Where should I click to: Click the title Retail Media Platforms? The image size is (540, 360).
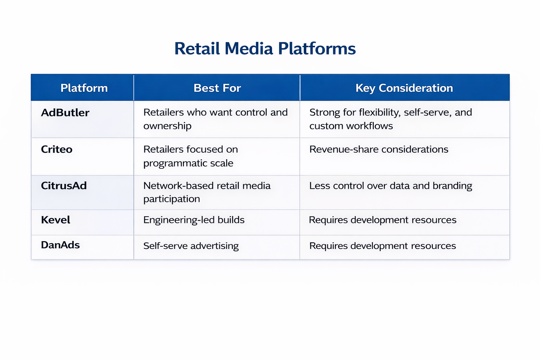pyautogui.click(x=265, y=49)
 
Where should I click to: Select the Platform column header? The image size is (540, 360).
pyautogui.click(x=84, y=88)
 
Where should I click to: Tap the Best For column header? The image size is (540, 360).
pyautogui.click(x=217, y=88)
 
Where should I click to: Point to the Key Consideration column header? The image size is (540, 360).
pyautogui.click(x=404, y=88)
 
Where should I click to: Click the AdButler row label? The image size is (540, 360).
pyautogui.click(x=65, y=113)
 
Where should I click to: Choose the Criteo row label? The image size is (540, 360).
pyautogui.click(x=57, y=149)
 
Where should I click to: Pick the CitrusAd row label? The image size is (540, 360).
pyautogui.click(x=64, y=186)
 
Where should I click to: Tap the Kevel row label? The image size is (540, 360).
pyautogui.click(x=56, y=220)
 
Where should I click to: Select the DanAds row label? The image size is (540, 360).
pyautogui.click(x=60, y=245)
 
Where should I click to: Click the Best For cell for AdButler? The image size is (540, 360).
pyautogui.click(x=215, y=119)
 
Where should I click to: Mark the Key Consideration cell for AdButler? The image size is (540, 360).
pyautogui.click(x=390, y=119)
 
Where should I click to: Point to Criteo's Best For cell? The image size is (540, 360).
pyautogui.click(x=191, y=156)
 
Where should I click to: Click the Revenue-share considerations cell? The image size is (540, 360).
pyautogui.click(x=379, y=149)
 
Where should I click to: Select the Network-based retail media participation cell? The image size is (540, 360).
pyautogui.click(x=207, y=192)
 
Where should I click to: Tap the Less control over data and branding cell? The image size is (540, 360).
pyautogui.click(x=391, y=186)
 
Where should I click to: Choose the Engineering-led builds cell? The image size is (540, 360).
pyautogui.click(x=194, y=220)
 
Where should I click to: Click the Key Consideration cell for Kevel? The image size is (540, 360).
pyautogui.click(x=382, y=220)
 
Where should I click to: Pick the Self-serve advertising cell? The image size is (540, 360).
pyautogui.click(x=191, y=246)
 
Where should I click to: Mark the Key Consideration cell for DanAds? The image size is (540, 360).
pyautogui.click(x=382, y=246)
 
